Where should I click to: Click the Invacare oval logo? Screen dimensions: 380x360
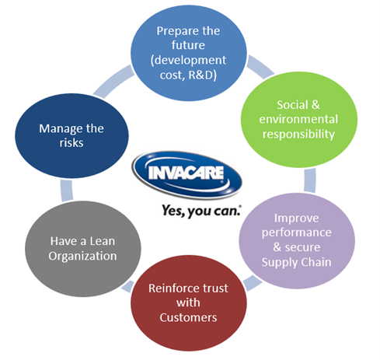pyautogui.click(x=187, y=174)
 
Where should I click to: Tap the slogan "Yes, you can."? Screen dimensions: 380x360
pyautogui.click(x=201, y=211)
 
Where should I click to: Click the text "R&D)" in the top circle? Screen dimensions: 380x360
pyautogui.click(x=202, y=75)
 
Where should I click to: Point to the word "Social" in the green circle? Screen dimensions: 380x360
pyautogui.click(x=292, y=105)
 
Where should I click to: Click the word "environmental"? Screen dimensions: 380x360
pyautogui.click(x=298, y=119)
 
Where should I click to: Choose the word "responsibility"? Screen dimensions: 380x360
pyautogui.click(x=298, y=135)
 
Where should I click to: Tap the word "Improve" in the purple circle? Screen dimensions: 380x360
pyautogui.click(x=296, y=218)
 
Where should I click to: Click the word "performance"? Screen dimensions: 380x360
pyautogui.click(x=296, y=232)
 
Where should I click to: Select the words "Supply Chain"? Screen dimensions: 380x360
pyautogui.click(x=296, y=262)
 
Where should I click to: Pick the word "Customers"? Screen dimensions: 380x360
pyautogui.click(x=188, y=317)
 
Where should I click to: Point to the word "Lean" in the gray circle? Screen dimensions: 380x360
pyautogui.click(x=103, y=241)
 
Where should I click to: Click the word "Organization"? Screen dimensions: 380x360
pyautogui.click(x=82, y=257)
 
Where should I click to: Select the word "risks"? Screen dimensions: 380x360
pyautogui.click(x=71, y=143)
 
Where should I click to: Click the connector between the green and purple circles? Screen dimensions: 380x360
pyautogui.click(x=310, y=180)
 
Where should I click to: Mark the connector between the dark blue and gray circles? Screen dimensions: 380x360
pyautogui.click(x=67, y=190)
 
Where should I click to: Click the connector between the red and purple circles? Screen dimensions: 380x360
pyautogui.click(x=252, y=282)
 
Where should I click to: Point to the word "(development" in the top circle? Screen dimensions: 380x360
pyautogui.click(x=188, y=61)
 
